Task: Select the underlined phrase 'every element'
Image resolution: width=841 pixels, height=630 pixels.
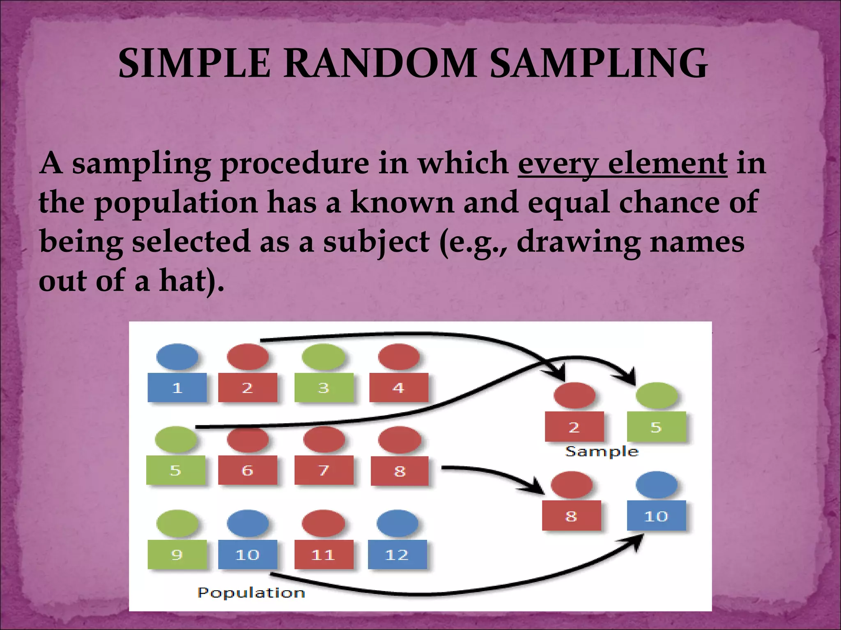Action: (622, 164)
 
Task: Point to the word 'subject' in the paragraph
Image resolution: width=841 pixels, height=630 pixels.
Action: (376, 242)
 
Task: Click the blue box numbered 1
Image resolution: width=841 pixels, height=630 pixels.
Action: (177, 388)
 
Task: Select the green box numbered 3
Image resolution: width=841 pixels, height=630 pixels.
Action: (324, 388)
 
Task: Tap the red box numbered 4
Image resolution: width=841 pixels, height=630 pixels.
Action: (398, 388)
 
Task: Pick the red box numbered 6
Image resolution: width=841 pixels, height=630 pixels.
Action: (247, 470)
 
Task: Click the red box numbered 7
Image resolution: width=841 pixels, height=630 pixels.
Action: (324, 470)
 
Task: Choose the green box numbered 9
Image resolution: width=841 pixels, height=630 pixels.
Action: (177, 555)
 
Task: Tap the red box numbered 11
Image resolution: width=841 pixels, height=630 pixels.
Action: (324, 555)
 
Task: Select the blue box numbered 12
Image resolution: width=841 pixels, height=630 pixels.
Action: (397, 555)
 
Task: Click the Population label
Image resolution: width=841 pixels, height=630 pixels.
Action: (251, 593)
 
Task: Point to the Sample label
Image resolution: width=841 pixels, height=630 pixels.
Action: (602, 452)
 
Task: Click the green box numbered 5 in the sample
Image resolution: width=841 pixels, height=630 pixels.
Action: (656, 427)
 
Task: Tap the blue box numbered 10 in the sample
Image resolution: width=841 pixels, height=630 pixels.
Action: (656, 516)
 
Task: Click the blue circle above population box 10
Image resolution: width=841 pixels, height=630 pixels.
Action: (248, 523)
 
